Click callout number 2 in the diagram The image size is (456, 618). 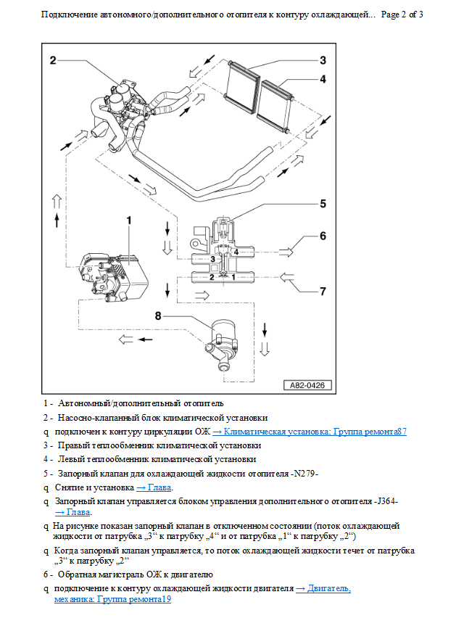point(54,60)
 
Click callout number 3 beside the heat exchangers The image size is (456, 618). point(323,59)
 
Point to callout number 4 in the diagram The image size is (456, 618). point(323,79)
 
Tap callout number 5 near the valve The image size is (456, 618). point(323,204)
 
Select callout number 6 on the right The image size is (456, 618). point(323,236)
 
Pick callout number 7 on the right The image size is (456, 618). point(323,291)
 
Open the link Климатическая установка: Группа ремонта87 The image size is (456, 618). point(310,432)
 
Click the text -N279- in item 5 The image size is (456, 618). point(305,474)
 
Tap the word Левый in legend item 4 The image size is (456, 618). point(73,459)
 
